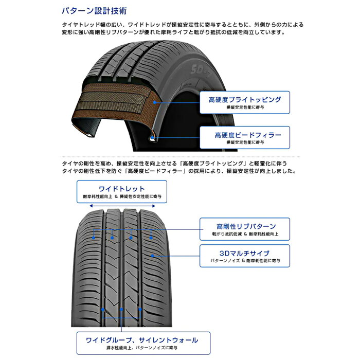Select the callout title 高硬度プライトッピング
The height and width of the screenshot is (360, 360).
pos(244,99)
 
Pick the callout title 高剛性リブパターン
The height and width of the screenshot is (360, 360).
pos(244,226)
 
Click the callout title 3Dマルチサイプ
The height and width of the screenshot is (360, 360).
pos(244,253)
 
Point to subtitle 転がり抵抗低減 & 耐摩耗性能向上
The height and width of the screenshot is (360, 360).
pos(244,235)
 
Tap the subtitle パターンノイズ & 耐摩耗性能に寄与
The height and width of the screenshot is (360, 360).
pos(244,261)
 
